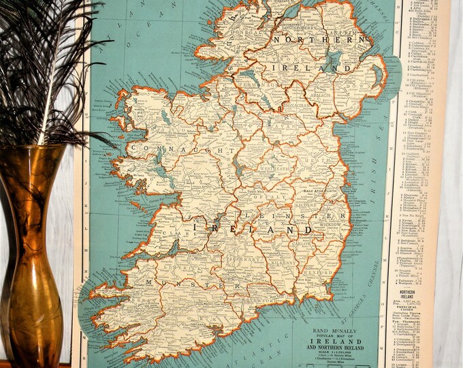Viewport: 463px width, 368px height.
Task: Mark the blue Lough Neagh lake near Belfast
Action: click(333, 62)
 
